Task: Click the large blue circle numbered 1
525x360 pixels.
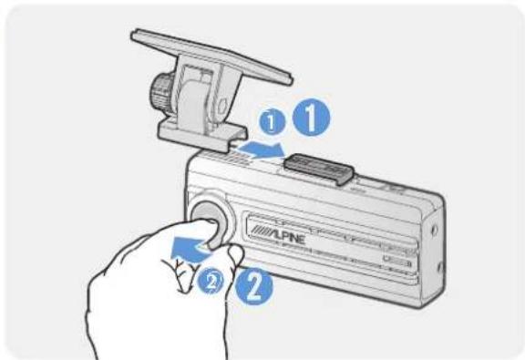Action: (311, 118)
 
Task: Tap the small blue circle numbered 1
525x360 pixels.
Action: (272, 122)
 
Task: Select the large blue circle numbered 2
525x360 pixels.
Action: (254, 286)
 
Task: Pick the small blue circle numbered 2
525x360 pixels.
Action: (211, 282)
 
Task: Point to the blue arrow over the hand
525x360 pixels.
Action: (190, 249)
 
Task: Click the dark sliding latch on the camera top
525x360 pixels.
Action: (319, 168)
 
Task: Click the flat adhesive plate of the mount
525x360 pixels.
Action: (211, 56)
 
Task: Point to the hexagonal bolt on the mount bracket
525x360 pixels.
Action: (222, 106)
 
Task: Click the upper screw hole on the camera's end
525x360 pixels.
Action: (435, 230)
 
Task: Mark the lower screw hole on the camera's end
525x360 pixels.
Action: (440, 268)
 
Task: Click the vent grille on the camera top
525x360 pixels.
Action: (228, 159)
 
